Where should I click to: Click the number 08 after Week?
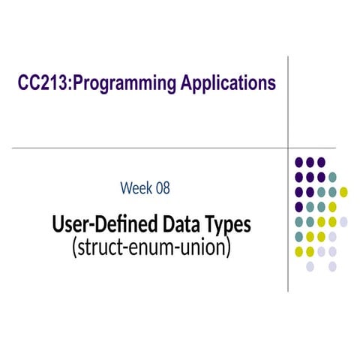pyautogui.click(x=162, y=187)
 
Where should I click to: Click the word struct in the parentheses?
pyautogui.click(x=99, y=246)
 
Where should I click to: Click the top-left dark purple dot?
pyautogui.click(x=299, y=161)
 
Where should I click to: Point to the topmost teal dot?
pyautogui.click(x=332, y=177)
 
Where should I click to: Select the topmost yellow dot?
pyautogui.click(x=343, y=192)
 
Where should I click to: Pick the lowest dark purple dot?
pyautogui.click(x=299, y=207)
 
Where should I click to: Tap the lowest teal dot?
pyautogui.click(x=299, y=236)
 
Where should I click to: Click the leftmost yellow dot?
pyautogui.click(x=299, y=251)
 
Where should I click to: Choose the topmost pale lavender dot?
pyautogui.click(x=343, y=221)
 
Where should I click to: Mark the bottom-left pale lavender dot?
pyautogui.click(x=310, y=266)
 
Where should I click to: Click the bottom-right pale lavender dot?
pyautogui.click(x=332, y=266)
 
